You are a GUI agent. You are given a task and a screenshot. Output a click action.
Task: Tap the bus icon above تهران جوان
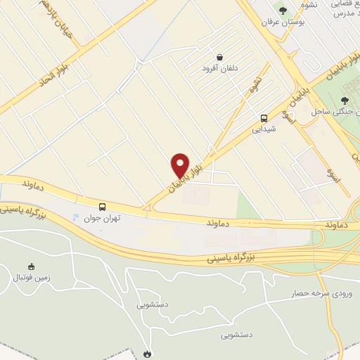click(103, 207)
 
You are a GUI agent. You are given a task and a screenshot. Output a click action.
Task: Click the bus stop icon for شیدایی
click(264, 118)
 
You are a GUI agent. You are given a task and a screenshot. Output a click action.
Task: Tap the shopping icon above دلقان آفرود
click(220, 58)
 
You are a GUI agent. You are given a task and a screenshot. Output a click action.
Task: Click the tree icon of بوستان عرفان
click(283, 11)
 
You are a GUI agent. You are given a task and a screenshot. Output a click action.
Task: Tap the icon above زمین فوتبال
click(30, 266)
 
